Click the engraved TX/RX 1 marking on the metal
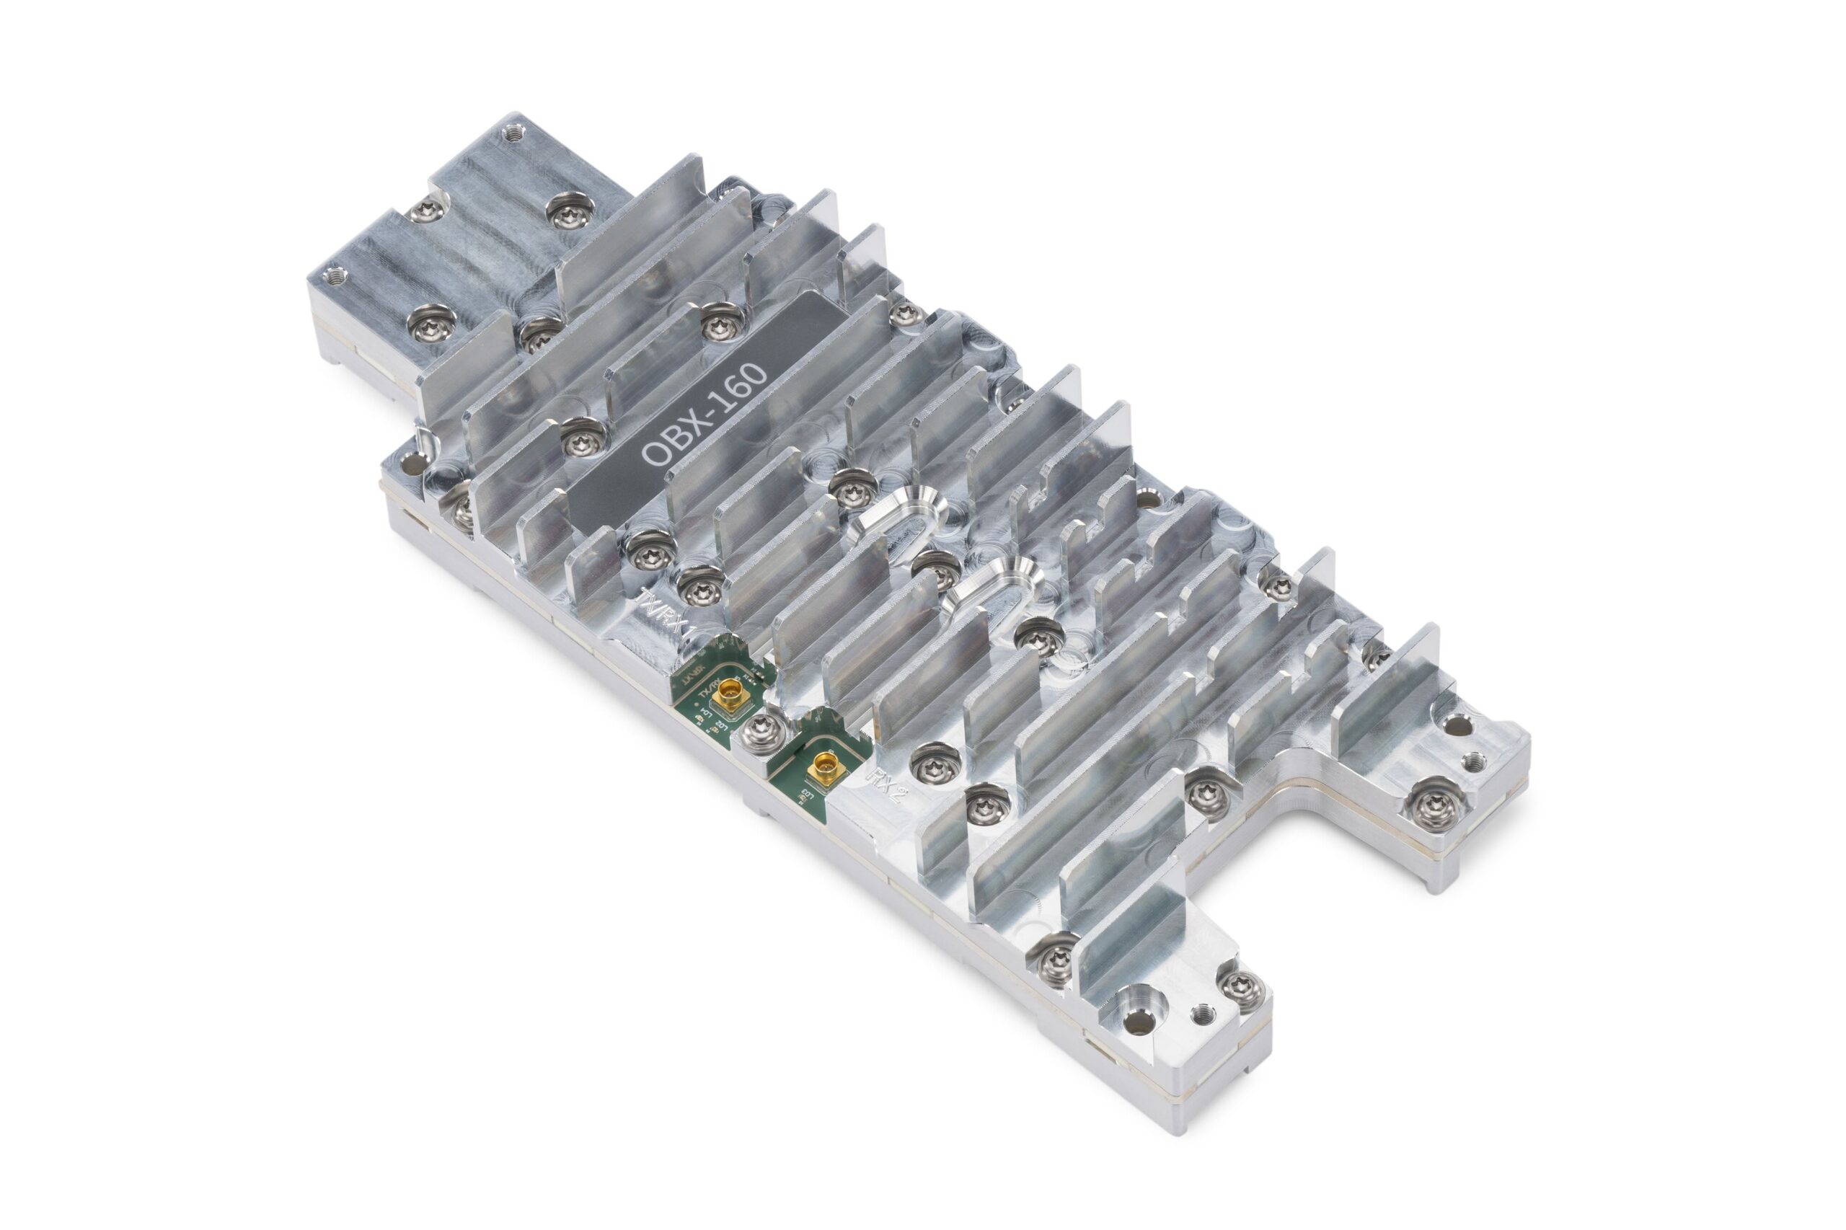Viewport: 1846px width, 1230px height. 663,609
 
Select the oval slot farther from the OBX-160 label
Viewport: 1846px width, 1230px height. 990,587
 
